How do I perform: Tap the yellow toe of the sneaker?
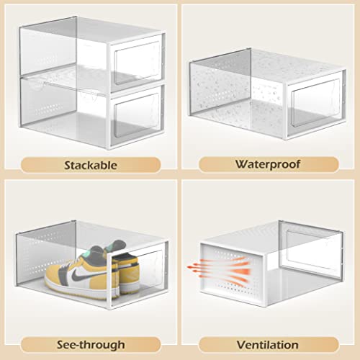point(54,277)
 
